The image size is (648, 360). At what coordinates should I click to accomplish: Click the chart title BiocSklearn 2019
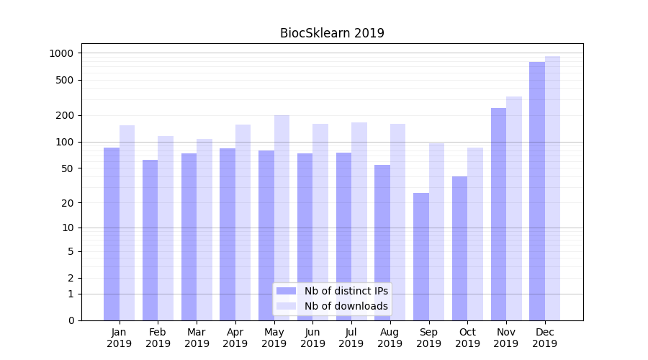click(332, 33)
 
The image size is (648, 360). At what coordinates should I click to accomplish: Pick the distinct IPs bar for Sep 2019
click(421, 256)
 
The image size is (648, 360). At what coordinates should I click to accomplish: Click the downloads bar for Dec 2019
click(552, 188)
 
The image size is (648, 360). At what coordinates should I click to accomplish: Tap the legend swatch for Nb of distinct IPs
click(287, 291)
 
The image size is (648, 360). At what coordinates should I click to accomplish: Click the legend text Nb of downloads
click(346, 306)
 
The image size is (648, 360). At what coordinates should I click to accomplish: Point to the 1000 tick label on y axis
click(62, 53)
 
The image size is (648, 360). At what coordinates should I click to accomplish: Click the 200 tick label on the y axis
click(66, 115)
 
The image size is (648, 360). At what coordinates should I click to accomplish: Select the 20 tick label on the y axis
click(68, 203)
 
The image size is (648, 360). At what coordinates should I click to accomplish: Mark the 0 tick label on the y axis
click(71, 320)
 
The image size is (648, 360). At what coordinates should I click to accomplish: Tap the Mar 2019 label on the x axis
click(197, 338)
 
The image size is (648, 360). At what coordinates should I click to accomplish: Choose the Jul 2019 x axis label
click(351, 338)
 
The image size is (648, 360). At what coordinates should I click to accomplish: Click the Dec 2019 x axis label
click(545, 338)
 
